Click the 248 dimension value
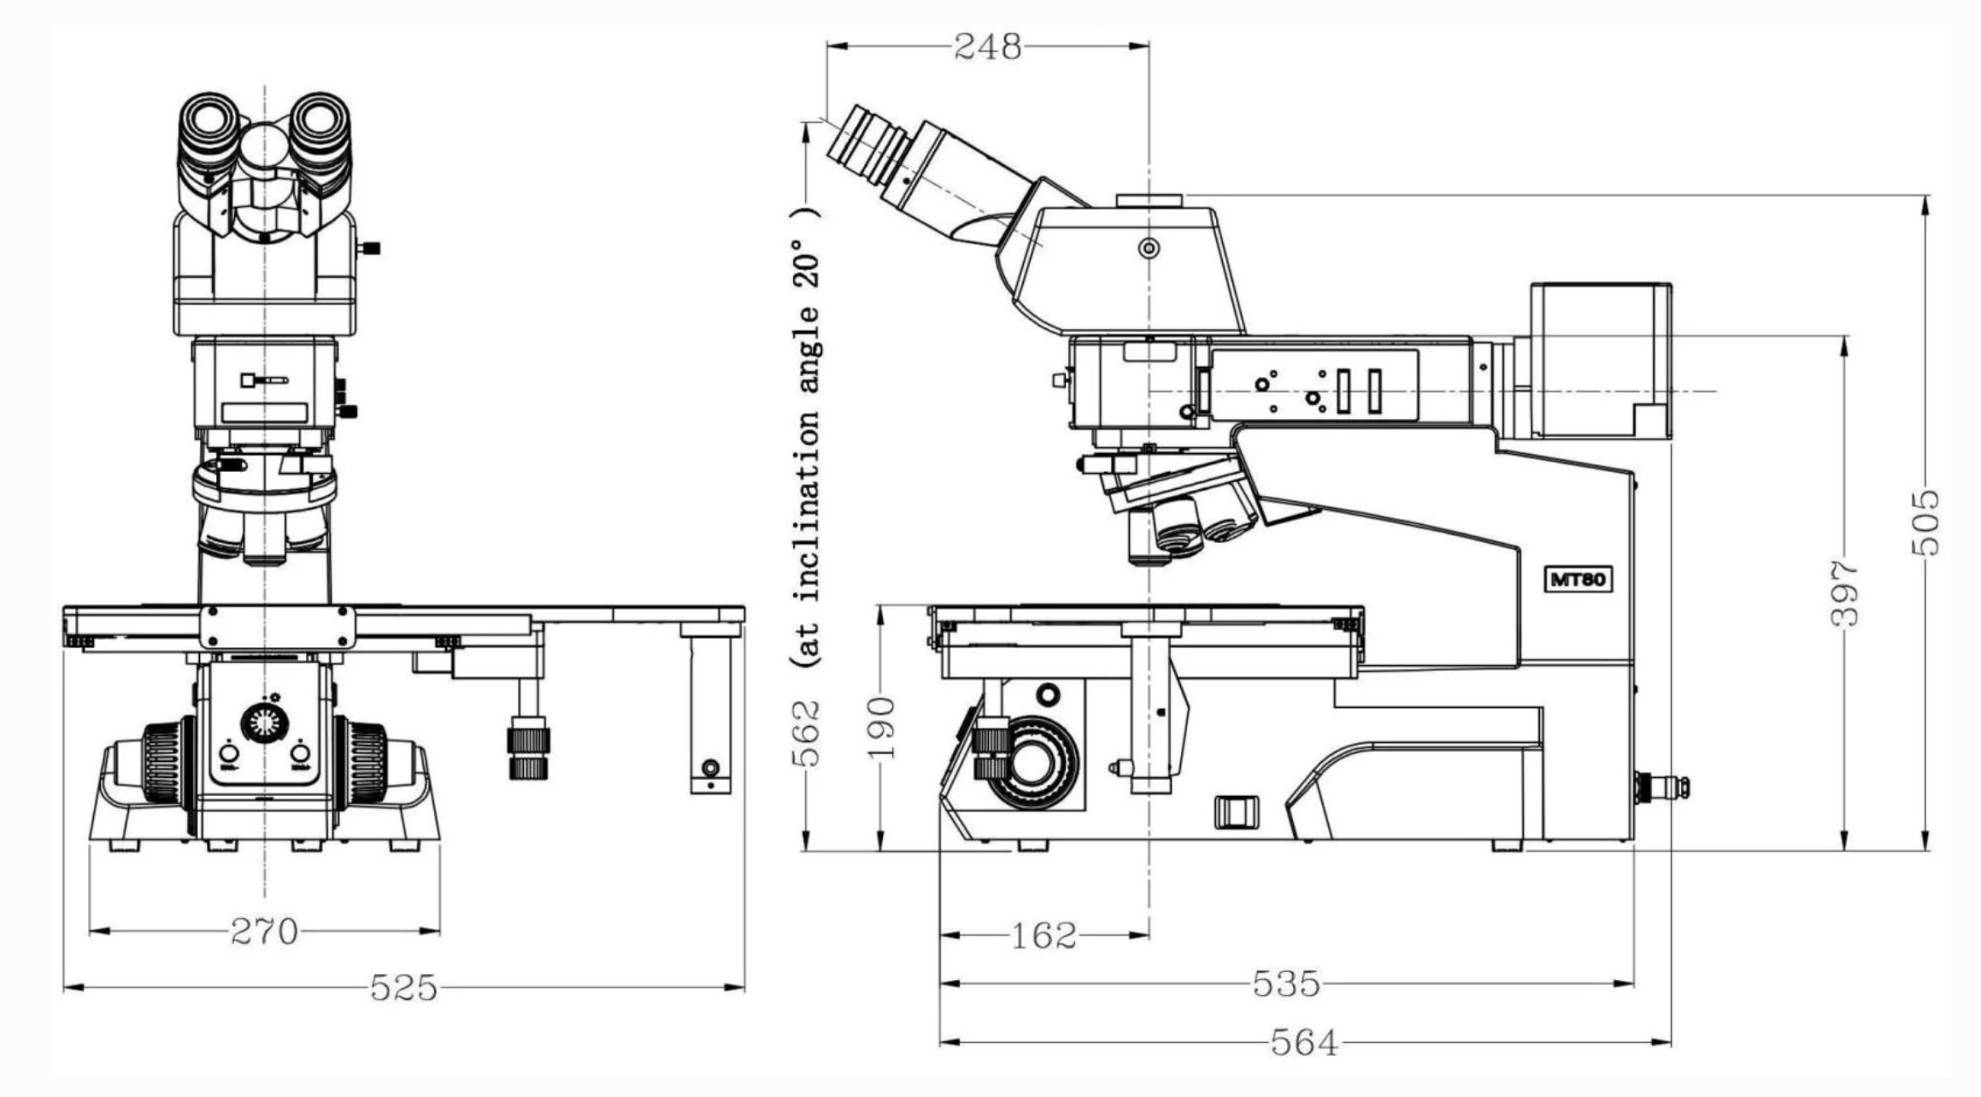pos(987,46)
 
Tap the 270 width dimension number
pos(264,931)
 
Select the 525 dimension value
pos(403,988)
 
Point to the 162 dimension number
pos(1043,935)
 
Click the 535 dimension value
pos(1286,983)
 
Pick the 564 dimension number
pos(1304,1042)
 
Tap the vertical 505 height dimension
pos(1926,522)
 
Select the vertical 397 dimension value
pos(1845,593)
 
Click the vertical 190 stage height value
pos(881,728)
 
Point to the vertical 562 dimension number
pos(805,734)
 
